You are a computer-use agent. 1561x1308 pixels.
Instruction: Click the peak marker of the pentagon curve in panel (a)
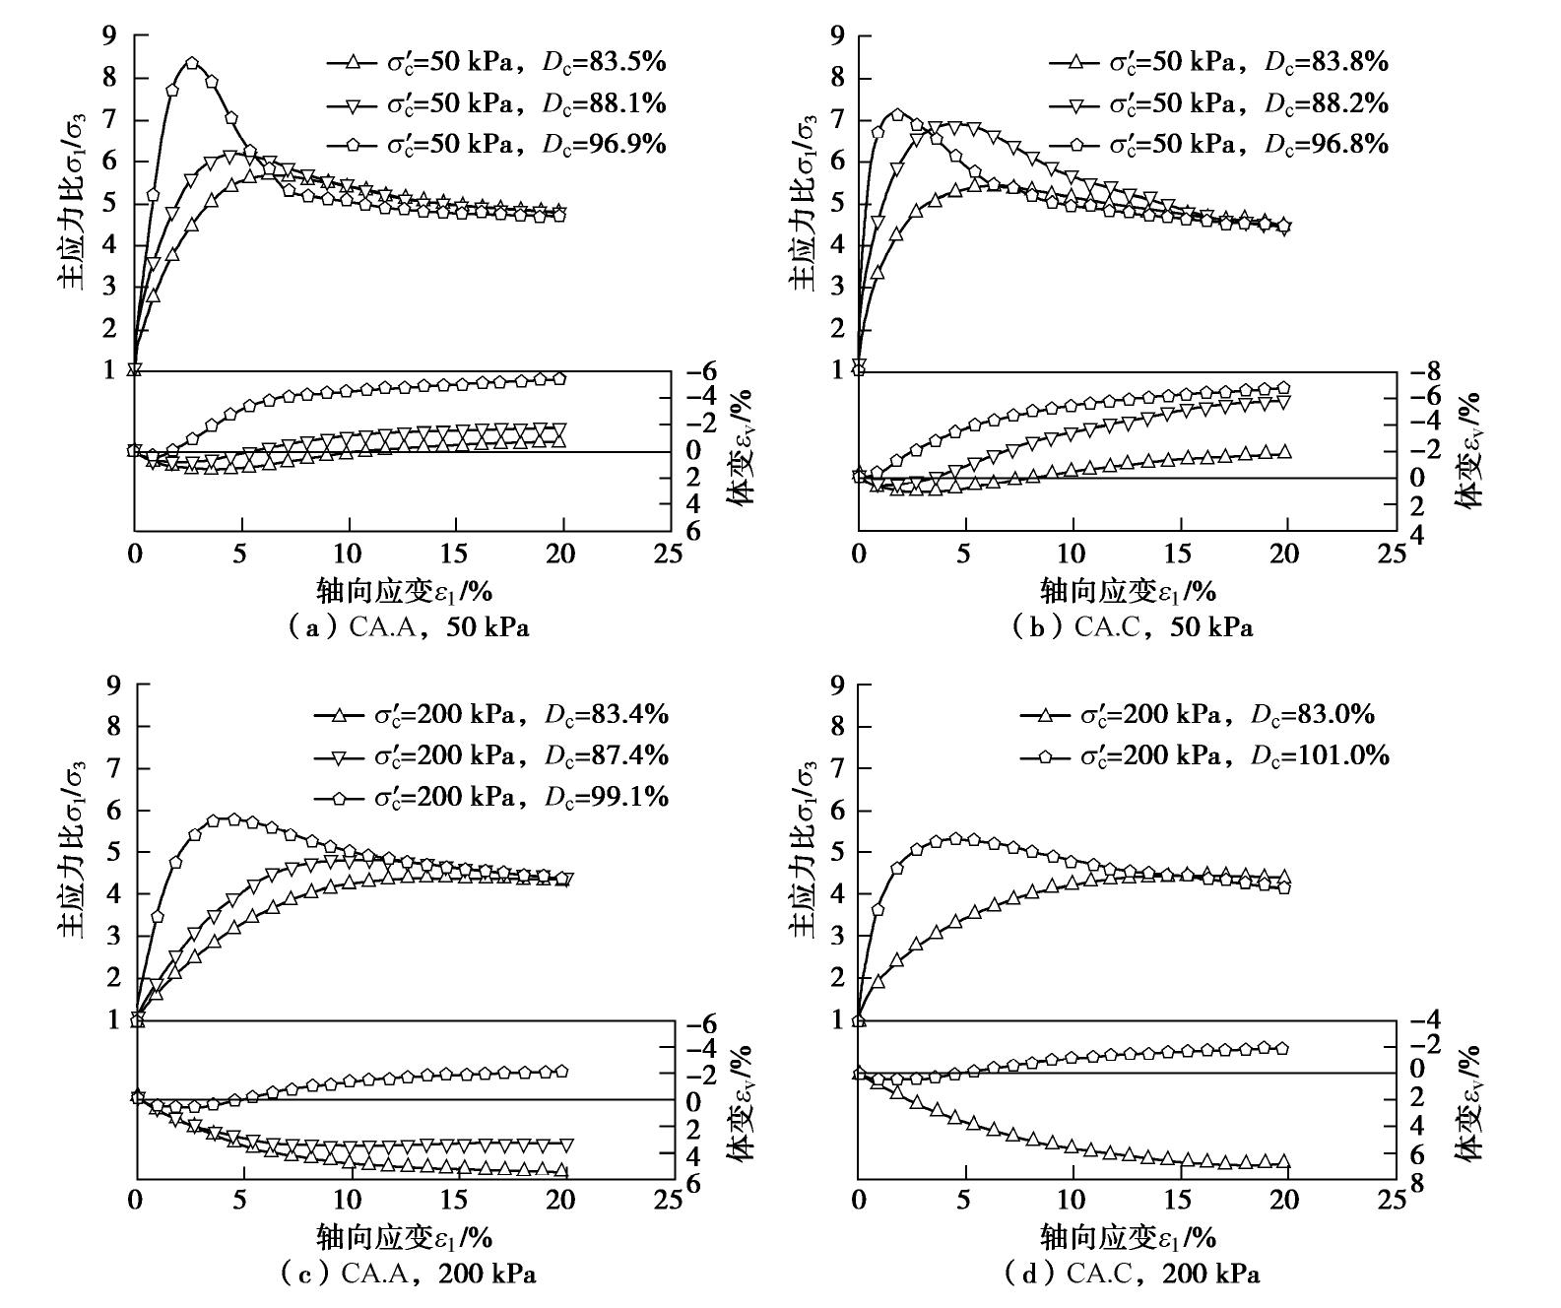coord(192,63)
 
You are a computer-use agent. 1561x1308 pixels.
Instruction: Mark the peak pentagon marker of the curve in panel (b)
coord(897,114)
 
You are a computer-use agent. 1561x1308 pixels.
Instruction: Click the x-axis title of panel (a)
coord(404,590)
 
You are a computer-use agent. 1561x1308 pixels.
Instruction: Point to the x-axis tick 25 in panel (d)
coord(1392,1201)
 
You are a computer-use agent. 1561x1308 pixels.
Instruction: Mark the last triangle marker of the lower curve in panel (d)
coord(1283,1162)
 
